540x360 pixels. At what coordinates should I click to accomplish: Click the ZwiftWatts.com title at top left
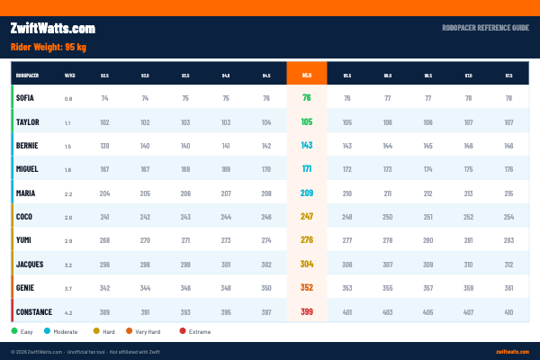coord(52,29)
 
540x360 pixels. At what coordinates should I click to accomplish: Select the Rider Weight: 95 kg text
coord(48,47)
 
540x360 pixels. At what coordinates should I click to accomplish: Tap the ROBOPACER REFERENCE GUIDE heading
coord(485,29)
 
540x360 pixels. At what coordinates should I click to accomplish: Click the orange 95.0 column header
coord(307,76)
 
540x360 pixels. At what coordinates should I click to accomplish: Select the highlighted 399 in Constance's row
coord(307,312)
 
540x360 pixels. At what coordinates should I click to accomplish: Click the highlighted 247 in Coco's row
coord(307,217)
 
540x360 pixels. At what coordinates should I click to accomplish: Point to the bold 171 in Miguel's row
coord(307,169)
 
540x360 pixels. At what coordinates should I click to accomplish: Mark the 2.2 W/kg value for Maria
coord(68,193)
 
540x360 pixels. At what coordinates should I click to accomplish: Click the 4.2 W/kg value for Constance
coord(68,312)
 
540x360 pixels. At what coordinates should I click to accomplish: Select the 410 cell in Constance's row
coord(509,312)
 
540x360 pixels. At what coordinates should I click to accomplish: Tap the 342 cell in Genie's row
coord(104,288)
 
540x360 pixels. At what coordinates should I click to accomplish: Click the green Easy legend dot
coord(14,331)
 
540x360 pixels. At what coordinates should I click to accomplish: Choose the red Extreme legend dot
coord(183,331)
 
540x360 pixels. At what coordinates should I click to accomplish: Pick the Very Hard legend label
coord(149,331)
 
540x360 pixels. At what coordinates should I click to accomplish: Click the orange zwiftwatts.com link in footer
coord(512,351)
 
